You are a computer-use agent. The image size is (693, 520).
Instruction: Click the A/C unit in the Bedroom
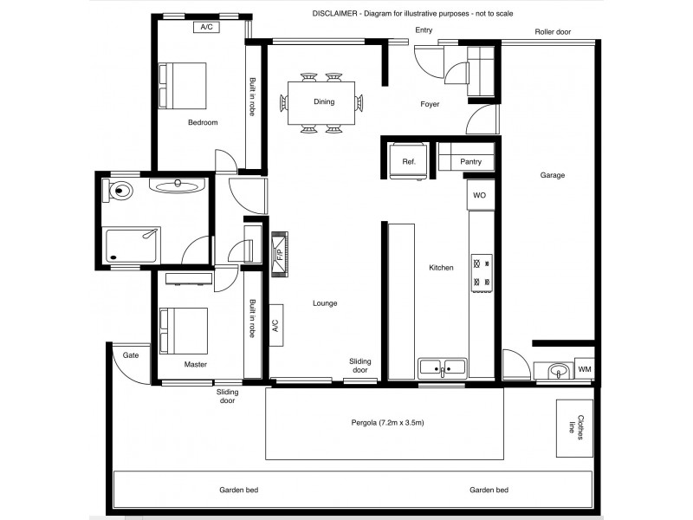(x=206, y=27)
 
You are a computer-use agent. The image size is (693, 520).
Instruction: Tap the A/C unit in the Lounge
(x=275, y=326)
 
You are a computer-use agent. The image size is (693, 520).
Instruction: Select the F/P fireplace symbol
(x=280, y=255)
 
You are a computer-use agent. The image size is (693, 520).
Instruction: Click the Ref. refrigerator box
(x=409, y=161)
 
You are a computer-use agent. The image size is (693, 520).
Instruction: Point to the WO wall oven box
(x=479, y=196)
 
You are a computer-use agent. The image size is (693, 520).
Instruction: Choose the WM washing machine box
(x=584, y=370)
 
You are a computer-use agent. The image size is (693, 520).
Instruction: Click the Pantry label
(x=470, y=162)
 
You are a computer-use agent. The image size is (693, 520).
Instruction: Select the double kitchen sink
(x=442, y=367)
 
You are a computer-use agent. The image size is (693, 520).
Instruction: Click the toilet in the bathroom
(x=119, y=190)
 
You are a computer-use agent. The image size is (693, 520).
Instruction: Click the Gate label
(x=131, y=355)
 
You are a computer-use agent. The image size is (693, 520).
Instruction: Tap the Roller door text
(x=552, y=32)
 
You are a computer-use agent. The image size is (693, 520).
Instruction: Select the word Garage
(x=553, y=175)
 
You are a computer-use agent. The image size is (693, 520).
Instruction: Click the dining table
(x=323, y=102)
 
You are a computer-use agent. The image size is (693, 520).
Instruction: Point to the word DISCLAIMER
(x=336, y=15)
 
